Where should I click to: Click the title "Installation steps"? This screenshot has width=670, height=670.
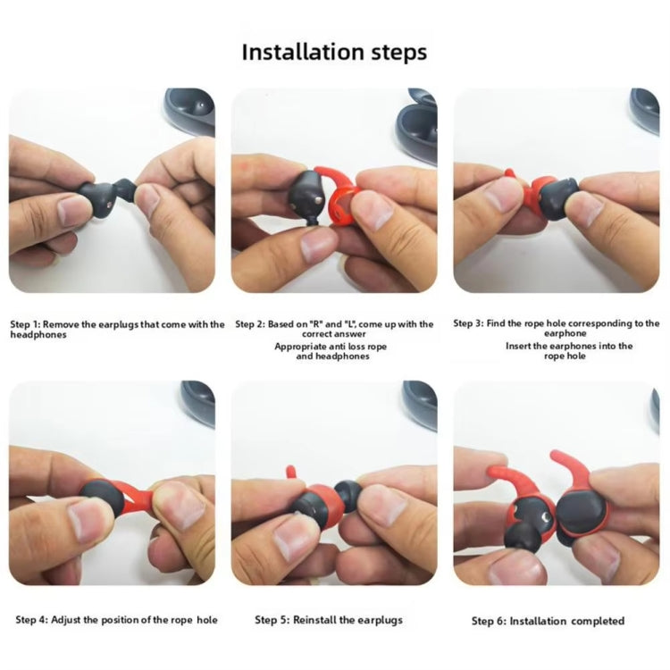click(334, 52)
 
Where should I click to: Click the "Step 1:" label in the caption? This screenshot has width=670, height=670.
click(26, 324)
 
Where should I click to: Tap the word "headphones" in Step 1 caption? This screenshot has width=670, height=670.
click(38, 335)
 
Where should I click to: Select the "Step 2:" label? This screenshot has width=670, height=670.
click(251, 324)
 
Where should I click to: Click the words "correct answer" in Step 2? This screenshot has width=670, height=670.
click(333, 335)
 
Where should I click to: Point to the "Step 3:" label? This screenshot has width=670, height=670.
click(469, 323)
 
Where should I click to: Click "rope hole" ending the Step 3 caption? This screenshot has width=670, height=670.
click(565, 356)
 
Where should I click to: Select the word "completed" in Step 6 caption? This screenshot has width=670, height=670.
click(593, 621)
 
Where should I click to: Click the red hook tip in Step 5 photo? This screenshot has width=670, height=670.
click(289, 471)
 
